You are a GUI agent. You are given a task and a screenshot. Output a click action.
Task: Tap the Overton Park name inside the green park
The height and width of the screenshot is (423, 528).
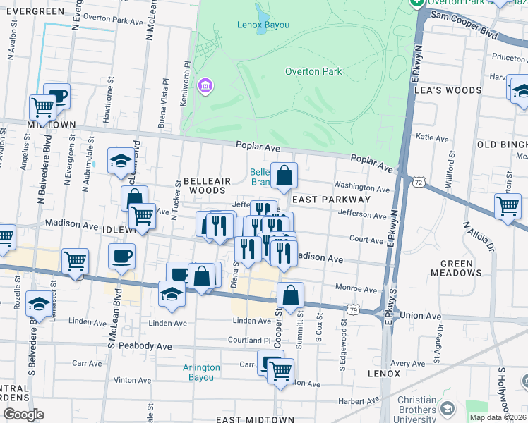click(313, 71)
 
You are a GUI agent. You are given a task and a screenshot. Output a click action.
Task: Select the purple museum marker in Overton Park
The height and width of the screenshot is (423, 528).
click(205, 86)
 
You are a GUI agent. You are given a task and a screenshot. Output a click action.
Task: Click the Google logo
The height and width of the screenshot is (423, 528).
click(23, 415)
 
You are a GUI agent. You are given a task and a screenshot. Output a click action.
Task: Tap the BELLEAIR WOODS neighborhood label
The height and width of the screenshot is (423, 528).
click(204, 185)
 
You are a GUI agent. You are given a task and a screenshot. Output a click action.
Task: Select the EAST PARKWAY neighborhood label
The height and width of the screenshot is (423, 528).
click(322, 200)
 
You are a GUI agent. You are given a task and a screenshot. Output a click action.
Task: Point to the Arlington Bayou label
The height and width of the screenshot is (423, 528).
click(207, 372)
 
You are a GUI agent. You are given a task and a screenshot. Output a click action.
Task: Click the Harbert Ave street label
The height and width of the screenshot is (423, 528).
click(359, 401)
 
